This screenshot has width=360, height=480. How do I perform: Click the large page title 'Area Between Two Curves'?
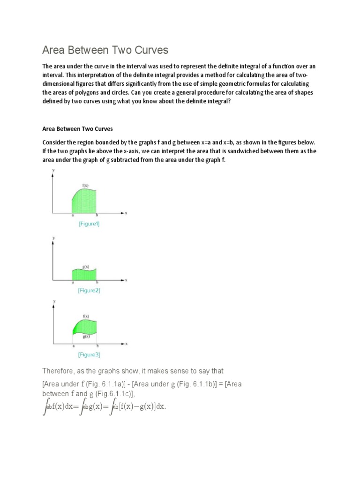(x=105, y=50)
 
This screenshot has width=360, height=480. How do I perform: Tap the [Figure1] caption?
(x=89, y=224)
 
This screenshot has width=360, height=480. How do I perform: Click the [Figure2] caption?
(x=89, y=291)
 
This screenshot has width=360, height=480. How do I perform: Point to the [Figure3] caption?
(x=89, y=355)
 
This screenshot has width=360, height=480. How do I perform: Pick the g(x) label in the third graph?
(x=86, y=337)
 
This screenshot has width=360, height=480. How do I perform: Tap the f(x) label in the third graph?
(x=86, y=316)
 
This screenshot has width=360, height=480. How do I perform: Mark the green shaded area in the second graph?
(x=84, y=275)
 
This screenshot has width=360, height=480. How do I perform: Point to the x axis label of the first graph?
(x=126, y=213)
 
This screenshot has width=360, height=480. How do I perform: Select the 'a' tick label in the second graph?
(x=72, y=283)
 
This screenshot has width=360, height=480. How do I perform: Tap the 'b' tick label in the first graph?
(x=97, y=215)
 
